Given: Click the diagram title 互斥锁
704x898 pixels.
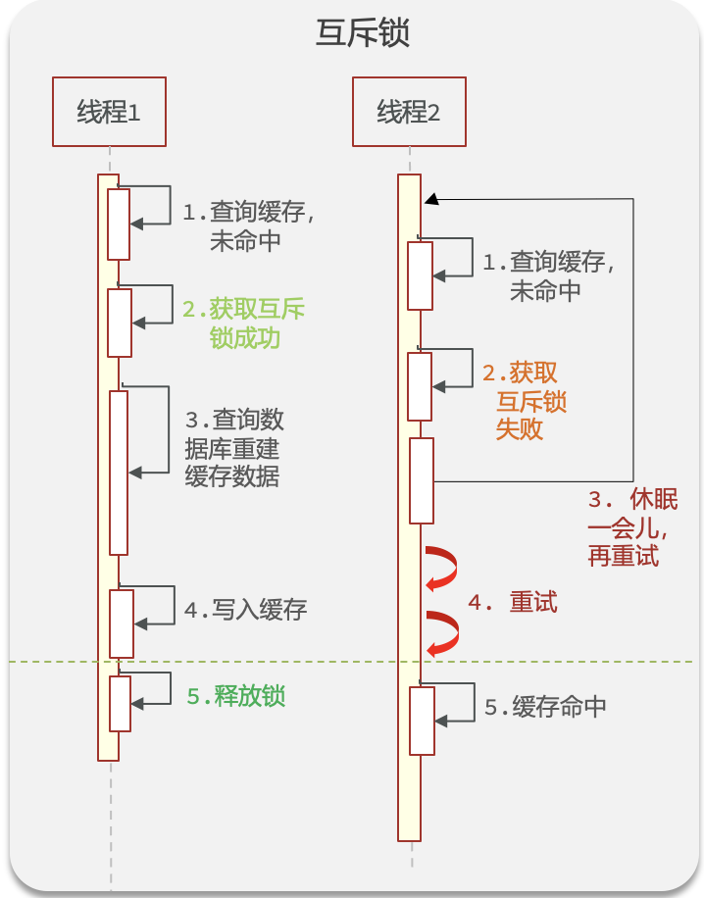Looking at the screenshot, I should pyautogui.click(x=362, y=33).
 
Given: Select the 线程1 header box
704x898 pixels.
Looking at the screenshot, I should pyautogui.click(x=109, y=112).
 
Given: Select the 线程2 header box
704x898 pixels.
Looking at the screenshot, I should pyautogui.click(x=409, y=112).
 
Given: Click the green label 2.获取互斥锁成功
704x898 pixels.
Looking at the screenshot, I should pyautogui.click(x=243, y=324).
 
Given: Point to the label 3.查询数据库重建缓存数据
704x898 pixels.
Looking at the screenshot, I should pyautogui.click(x=234, y=448).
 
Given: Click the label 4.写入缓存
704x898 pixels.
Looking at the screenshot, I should pyautogui.click(x=246, y=610).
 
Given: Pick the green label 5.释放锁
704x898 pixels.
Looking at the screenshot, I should pyautogui.click(x=236, y=696).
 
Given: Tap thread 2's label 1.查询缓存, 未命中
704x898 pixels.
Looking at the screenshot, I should pyautogui.click(x=548, y=275).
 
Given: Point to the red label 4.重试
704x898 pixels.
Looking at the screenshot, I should pyautogui.click(x=513, y=603).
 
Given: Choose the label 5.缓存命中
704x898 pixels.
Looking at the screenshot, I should pyautogui.click(x=546, y=708).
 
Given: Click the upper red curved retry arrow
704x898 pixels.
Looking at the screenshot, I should pyautogui.click(x=442, y=570).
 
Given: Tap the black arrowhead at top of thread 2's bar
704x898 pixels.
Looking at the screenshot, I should pyautogui.click(x=430, y=200).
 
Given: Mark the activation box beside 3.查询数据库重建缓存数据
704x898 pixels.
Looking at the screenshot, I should pyautogui.click(x=119, y=473).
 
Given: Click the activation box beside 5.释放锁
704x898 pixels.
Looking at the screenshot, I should pyautogui.click(x=120, y=703).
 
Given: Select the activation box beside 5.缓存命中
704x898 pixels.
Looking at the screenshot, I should pyautogui.click(x=422, y=721).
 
